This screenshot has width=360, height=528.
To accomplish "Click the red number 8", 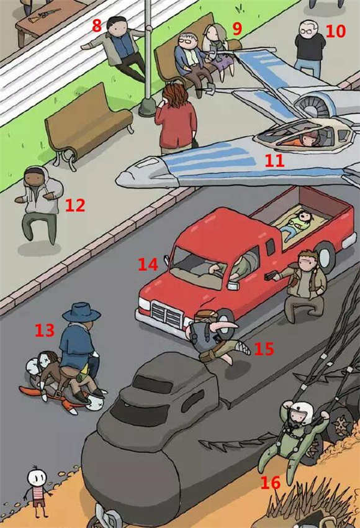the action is coord(97,25).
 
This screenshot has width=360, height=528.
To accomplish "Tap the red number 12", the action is coord(74,205).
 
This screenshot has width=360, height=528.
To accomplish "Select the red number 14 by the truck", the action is coord(148,265).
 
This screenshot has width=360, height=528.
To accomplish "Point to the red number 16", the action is coord(271,482).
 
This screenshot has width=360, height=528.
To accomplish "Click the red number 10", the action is coord(336,31).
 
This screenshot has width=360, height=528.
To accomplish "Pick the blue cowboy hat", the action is coord(81,312).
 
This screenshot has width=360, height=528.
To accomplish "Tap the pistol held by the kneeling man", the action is coord(270,276).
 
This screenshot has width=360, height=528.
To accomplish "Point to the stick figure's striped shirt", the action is coord(38,493).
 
